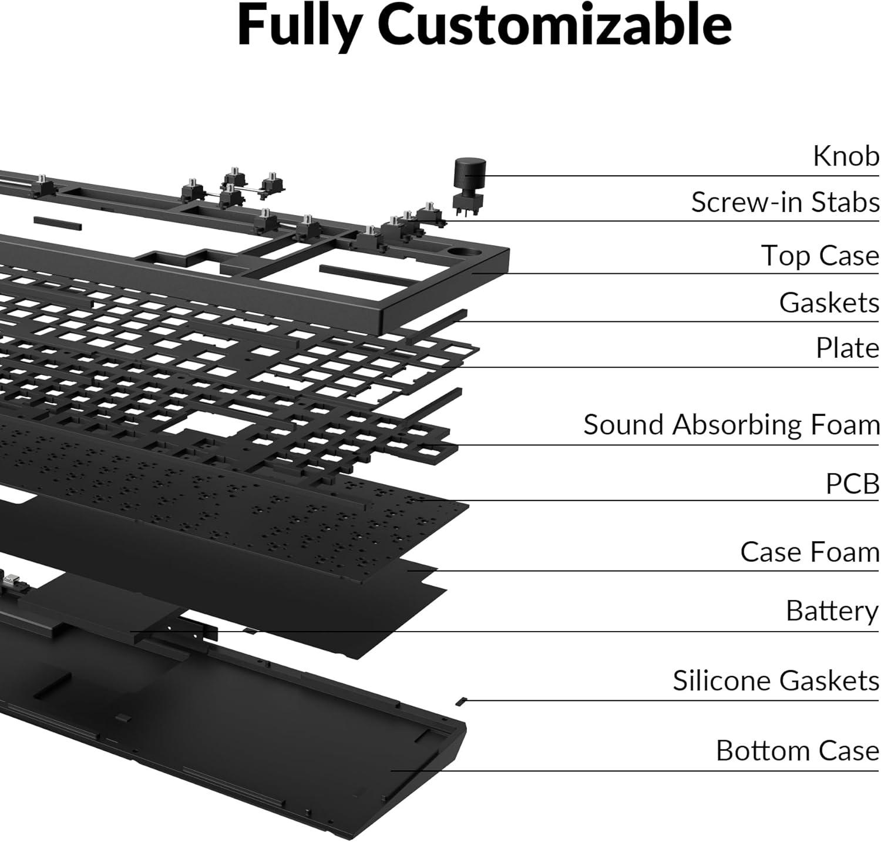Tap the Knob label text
pos(846,156)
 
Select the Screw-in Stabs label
pos(785,202)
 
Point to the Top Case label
pos(820,256)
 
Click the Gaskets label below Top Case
pos(829,303)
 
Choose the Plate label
pos(847,348)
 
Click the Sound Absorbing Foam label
pos(731,424)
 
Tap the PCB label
pos(852,484)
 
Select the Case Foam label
pos(809,552)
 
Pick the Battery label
pos(832,611)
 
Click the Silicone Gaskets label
pos(775,681)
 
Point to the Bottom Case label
pos(797,751)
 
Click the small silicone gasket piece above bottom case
pos(461,700)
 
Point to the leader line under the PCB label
pos(646,501)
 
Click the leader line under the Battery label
pos(529,632)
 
